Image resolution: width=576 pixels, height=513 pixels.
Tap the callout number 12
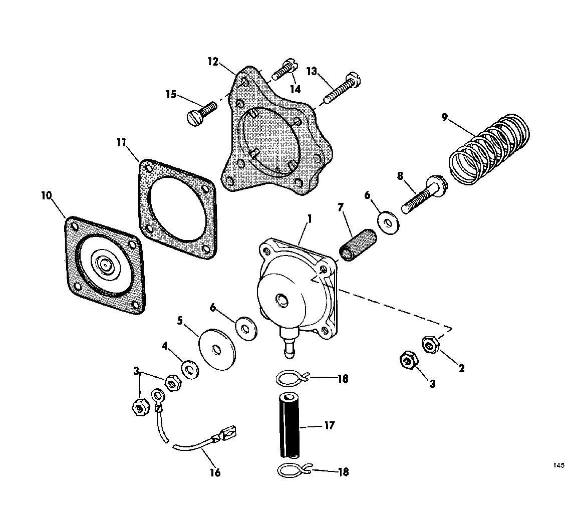click(213, 61)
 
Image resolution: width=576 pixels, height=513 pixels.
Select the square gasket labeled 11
click(177, 209)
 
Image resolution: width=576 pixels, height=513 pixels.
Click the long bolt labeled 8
click(424, 194)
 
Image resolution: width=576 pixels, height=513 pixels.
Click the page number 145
click(558, 465)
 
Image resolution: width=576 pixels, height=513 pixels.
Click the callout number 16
click(215, 472)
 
